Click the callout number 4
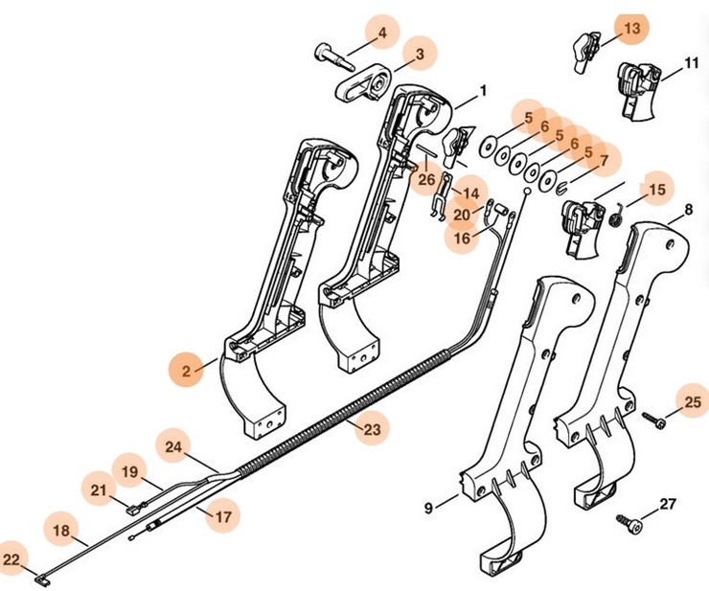point(382,34)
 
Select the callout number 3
point(420,56)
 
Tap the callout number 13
point(631,30)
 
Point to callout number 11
point(692,64)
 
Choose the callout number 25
point(691,400)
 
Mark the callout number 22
point(11,558)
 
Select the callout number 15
point(656,190)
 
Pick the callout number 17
point(223,516)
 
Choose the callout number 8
point(688,210)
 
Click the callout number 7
point(604,160)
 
